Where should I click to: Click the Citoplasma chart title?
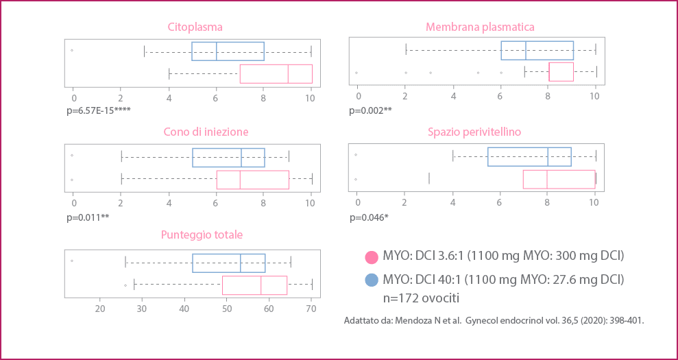point(195,27)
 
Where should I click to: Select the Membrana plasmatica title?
point(479,27)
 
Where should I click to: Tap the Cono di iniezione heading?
point(205,132)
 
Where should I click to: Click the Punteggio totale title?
point(202,235)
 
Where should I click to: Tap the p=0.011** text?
point(87,217)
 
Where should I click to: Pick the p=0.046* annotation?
point(369,218)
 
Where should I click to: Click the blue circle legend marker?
point(372,280)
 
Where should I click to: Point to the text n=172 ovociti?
point(422,298)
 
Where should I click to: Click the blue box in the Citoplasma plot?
point(228,51)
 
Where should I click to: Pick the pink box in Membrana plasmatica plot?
point(561,72)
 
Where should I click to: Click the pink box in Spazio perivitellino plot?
point(559,179)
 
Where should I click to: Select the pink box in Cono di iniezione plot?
point(252,179)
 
